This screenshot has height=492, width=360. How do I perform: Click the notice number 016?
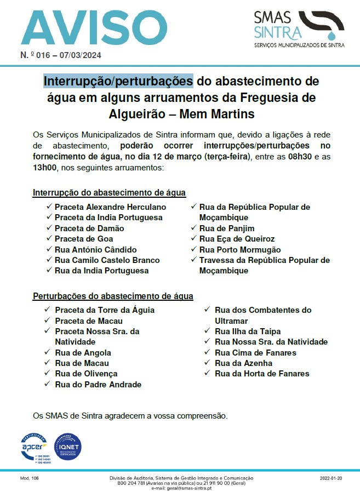(50, 55)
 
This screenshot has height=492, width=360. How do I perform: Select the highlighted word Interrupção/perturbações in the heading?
(118, 81)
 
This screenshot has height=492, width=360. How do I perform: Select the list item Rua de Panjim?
(227, 228)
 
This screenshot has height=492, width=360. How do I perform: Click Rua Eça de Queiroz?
(237, 239)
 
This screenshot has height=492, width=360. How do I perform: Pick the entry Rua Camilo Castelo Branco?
(107, 260)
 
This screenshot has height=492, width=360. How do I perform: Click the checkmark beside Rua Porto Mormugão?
(194, 249)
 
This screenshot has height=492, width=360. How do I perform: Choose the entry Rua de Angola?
(83, 353)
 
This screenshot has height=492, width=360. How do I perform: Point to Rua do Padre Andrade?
(98, 385)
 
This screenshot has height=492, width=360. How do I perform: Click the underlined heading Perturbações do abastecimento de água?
(113, 296)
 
